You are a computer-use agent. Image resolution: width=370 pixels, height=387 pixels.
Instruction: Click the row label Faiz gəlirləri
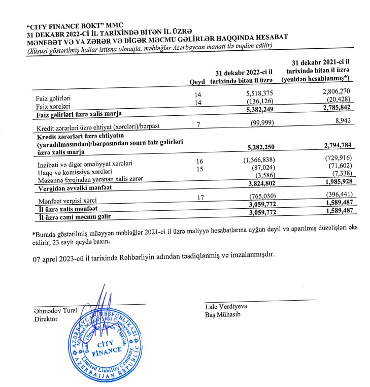click(53, 98)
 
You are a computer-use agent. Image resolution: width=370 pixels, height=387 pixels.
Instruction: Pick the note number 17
click(199, 200)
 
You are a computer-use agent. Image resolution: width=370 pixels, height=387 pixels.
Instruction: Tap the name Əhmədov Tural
click(56, 310)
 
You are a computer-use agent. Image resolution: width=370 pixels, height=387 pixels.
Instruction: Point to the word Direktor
click(46, 318)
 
